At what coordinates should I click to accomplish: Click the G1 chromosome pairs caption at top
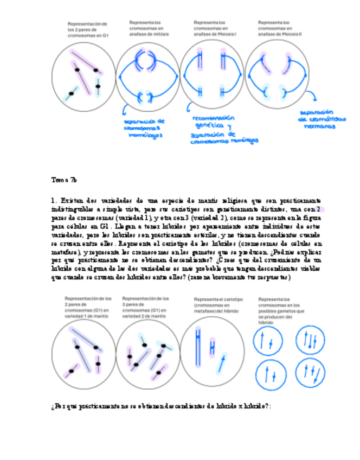pyautogui.click(x=87, y=29)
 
